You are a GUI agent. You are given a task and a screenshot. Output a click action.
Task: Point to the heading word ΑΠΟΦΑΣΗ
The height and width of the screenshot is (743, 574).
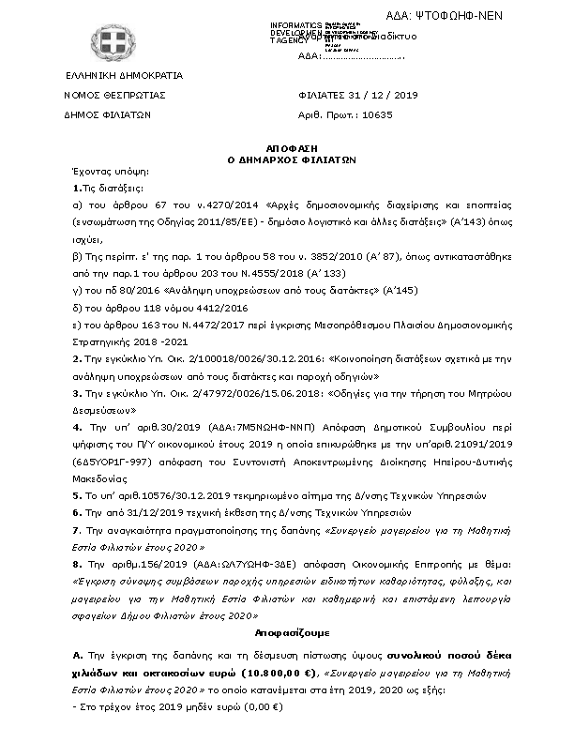(x=287, y=148)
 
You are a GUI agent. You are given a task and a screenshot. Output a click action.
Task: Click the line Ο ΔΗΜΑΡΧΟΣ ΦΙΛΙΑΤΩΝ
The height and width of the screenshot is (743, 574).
(x=287, y=160)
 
